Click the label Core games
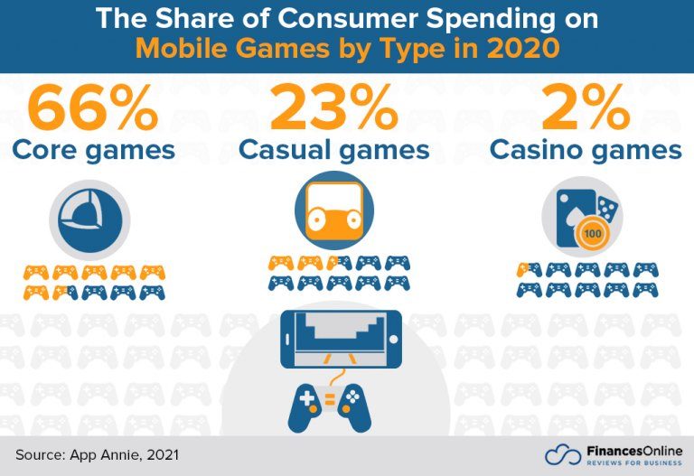coord(95,150)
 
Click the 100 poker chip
coord(592,235)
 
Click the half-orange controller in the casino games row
coord(529,269)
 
